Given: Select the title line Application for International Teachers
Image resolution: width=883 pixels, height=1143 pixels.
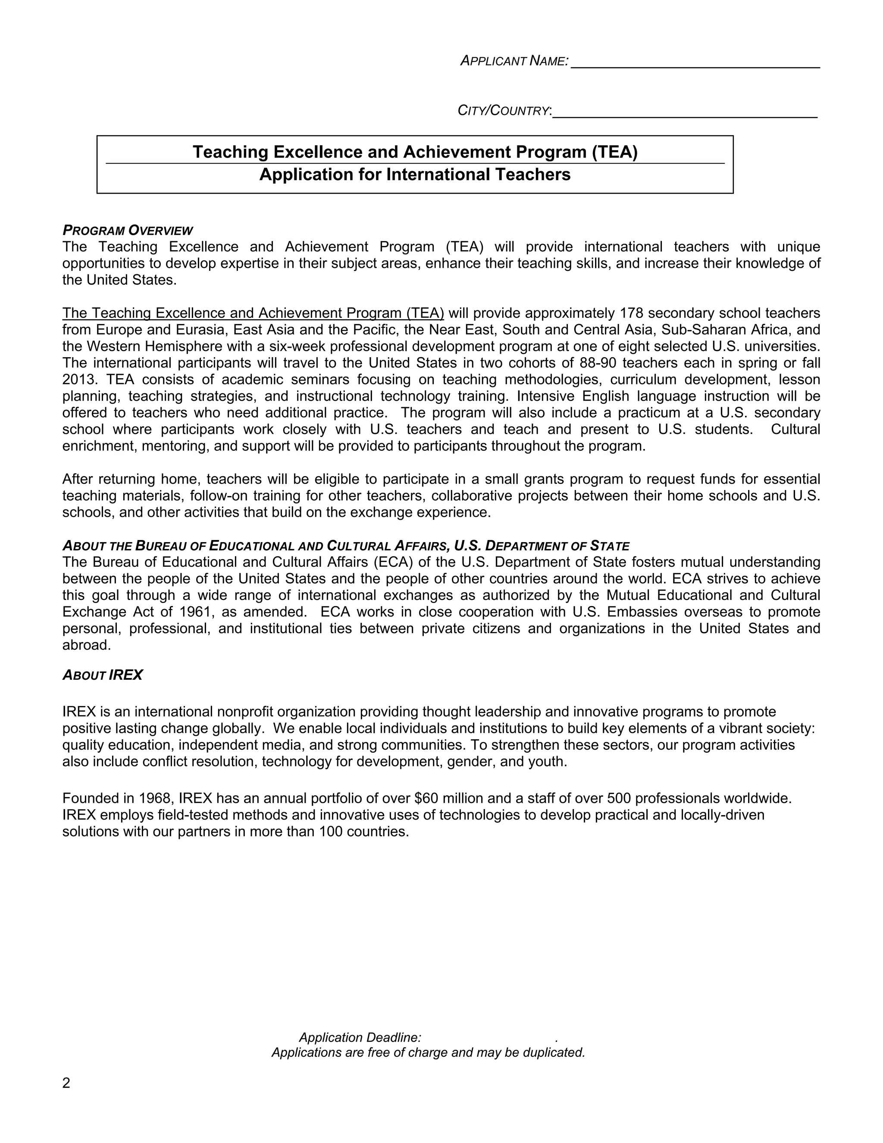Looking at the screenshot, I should pos(415,174).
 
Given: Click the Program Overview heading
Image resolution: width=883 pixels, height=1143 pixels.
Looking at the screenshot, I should pos(128,230).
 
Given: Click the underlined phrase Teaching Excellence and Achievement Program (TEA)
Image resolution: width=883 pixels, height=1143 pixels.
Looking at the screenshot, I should pos(253,314).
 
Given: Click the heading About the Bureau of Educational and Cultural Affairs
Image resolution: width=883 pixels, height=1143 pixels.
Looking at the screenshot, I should pos(345,546).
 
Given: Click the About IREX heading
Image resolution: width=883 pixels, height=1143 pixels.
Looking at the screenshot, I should pos(103,675).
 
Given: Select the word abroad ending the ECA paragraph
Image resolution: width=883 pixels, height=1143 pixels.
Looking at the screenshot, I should pos(86,645).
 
